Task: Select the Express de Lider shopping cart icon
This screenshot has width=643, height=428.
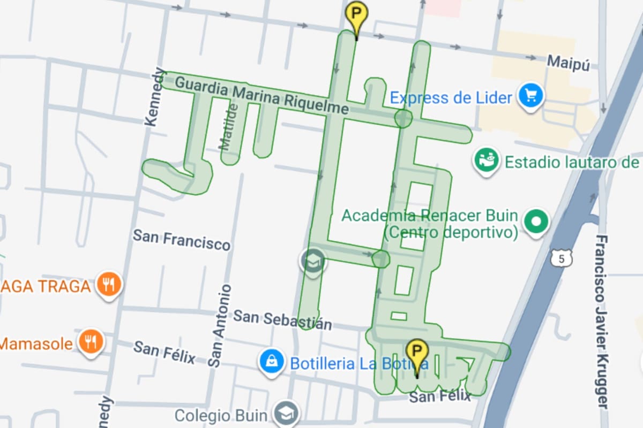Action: point(531,96)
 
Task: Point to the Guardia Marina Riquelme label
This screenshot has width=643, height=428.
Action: point(262,96)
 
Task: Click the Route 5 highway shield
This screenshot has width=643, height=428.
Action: point(561,258)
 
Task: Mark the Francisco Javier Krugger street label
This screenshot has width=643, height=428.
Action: point(603,321)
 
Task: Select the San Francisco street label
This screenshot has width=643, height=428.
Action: point(181,240)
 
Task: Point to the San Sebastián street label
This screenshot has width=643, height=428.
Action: point(282,319)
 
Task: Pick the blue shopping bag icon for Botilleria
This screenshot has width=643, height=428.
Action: point(272,363)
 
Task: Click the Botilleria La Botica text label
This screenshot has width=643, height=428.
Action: point(359,364)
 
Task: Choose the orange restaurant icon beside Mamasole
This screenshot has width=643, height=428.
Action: point(91,341)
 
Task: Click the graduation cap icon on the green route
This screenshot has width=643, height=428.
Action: point(312,262)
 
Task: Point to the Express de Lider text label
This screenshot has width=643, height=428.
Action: point(451,97)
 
